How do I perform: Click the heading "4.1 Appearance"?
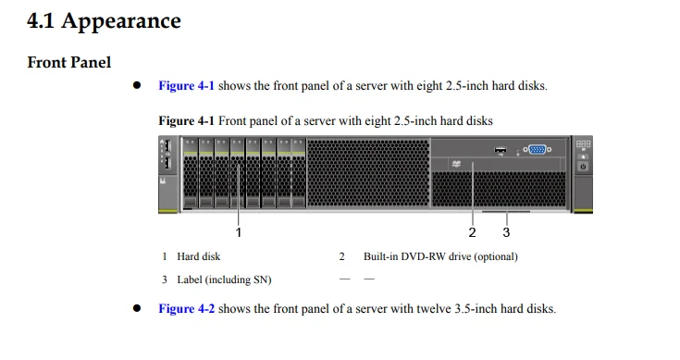[x=104, y=20]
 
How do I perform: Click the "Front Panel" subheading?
[x=69, y=62]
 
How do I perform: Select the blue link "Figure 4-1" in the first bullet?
[x=186, y=86]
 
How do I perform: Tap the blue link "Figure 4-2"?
[x=186, y=309]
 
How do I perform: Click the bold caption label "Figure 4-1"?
[x=186, y=121]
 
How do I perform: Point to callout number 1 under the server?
[x=239, y=231]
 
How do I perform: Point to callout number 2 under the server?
[x=472, y=231]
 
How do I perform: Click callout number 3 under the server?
[x=506, y=231]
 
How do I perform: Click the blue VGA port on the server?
[x=538, y=149]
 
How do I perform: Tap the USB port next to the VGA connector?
[x=501, y=148]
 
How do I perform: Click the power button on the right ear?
[x=583, y=168]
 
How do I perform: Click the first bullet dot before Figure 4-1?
[x=136, y=86]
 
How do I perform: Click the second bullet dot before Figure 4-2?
[x=136, y=309]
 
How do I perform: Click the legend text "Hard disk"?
[x=199, y=256]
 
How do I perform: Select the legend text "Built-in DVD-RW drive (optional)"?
[x=440, y=256]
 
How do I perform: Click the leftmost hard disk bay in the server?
[x=191, y=176]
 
